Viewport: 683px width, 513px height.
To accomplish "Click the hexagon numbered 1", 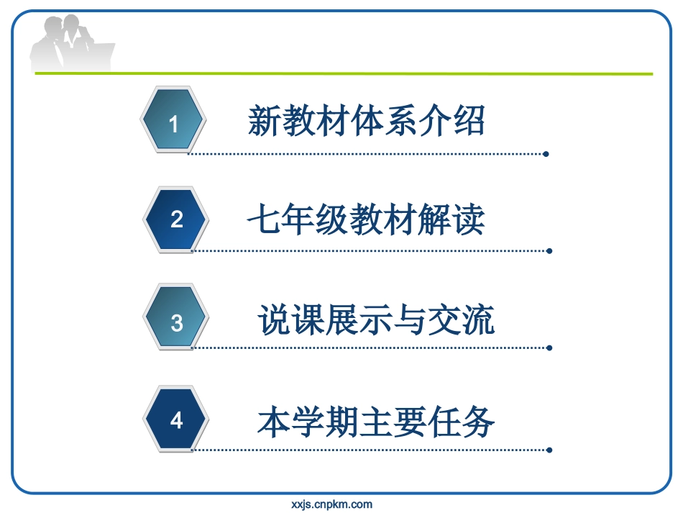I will (173, 120).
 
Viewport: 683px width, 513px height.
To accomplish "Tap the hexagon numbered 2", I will (177, 219).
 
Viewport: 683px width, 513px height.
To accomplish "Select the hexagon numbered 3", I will (177, 319).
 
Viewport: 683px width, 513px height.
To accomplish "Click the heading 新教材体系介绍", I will (366, 121).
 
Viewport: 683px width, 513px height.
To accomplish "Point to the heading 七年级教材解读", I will (366, 219).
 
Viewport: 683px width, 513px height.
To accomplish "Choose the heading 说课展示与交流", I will (376, 320).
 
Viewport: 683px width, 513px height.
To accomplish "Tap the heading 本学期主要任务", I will (376, 421).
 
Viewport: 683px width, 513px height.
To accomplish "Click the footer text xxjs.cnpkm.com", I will (332, 504).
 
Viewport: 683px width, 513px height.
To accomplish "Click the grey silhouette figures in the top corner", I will (72, 45).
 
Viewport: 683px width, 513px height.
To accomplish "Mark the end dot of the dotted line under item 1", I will (546, 154).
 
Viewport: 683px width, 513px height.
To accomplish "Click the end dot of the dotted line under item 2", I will (549, 251).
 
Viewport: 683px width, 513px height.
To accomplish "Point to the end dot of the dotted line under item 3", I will (549, 348).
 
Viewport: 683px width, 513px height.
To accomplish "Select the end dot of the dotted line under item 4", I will (549, 450).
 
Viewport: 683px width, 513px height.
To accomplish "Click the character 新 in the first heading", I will (264, 121).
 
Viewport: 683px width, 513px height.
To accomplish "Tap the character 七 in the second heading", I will (264, 219).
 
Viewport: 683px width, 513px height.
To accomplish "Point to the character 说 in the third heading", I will (274, 320).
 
